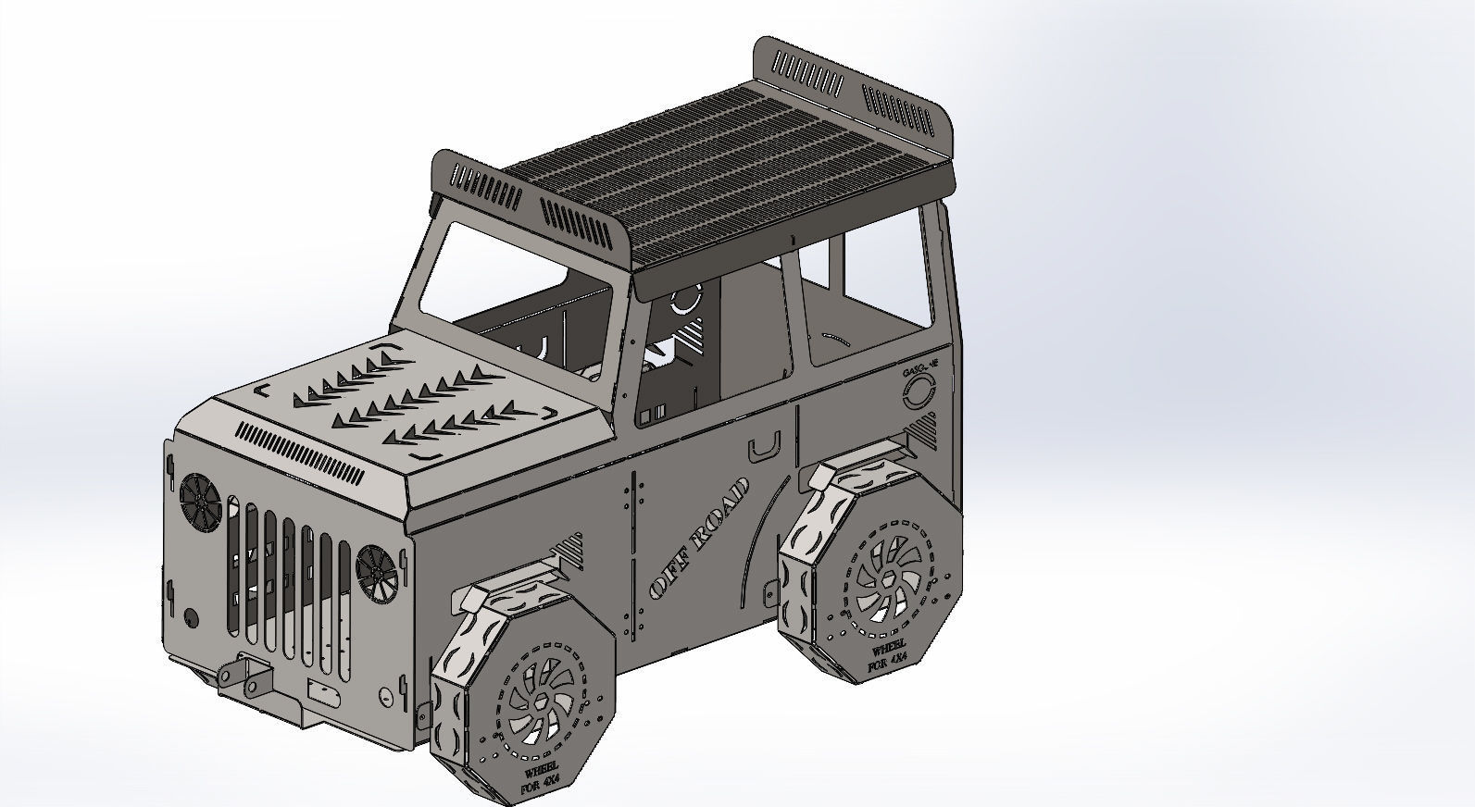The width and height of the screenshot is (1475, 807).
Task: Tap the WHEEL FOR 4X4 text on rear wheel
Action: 887,651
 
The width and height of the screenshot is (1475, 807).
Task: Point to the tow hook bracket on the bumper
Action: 243,675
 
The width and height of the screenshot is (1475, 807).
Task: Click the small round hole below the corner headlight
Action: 191,617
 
